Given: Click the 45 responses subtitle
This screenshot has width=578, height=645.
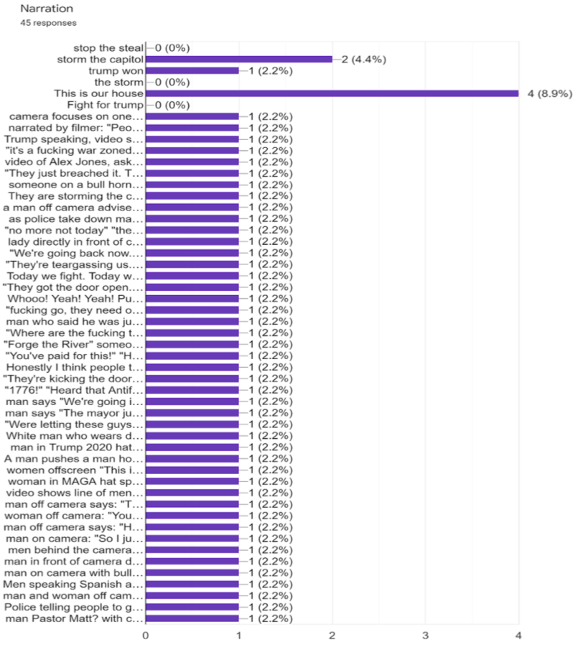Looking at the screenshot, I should (50, 23).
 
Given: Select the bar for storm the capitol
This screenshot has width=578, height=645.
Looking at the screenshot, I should (238, 59).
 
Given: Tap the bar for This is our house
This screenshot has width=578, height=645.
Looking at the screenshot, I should (332, 93).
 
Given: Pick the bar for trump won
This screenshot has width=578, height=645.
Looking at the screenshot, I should (192, 70).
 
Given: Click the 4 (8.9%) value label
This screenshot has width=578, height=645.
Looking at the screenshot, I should (549, 93).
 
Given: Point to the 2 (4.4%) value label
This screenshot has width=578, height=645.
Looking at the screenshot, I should (364, 59).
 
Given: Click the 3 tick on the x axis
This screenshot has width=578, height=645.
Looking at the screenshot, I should (425, 635).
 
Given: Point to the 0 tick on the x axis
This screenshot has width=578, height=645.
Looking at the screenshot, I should (146, 635).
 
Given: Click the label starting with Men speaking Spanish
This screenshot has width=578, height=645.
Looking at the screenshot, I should (74, 583).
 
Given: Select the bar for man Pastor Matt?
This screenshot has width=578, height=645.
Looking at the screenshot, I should (192, 618).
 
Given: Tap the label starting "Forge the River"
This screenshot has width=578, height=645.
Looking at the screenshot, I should (75, 344).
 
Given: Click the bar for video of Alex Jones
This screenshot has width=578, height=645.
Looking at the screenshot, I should (192, 162).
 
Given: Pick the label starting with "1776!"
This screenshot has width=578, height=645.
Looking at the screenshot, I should (75, 390).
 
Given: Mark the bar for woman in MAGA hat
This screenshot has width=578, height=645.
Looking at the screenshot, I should (192, 481).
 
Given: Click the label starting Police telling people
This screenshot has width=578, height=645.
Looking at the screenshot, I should (74, 606).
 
